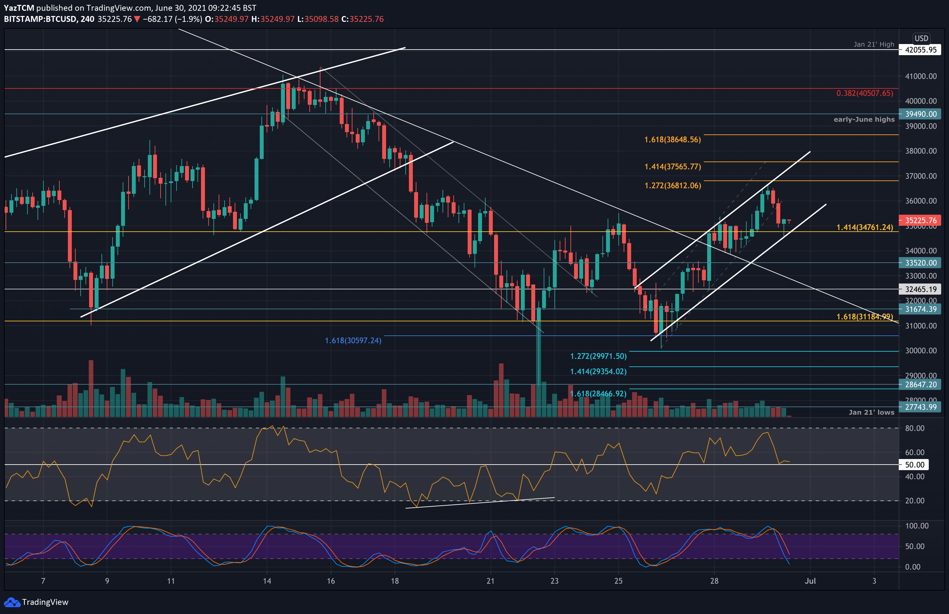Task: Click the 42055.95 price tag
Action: coord(920,50)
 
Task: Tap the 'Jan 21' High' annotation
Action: coord(874,44)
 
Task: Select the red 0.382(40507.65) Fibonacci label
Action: coord(864,93)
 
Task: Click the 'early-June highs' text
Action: coord(864,119)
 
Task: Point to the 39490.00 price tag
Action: coord(920,114)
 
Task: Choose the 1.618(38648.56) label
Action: coord(672,140)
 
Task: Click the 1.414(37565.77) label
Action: coord(672,167)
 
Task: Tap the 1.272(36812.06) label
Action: coord(672,185)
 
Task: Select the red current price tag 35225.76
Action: coord(920,221)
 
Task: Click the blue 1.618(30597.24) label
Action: coord(353,341)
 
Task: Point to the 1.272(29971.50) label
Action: coord(598,356)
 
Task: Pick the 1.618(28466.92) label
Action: coord(598,394)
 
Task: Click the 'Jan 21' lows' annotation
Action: coord(871,412)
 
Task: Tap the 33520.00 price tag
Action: coord(920,263)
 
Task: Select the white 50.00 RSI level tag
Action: coord(914,465)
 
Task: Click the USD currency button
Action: coord(921,38)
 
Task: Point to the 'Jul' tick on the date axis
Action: coord(810,581)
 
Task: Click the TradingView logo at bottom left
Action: coord(36,602)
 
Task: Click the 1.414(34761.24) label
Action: coord(864,227)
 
